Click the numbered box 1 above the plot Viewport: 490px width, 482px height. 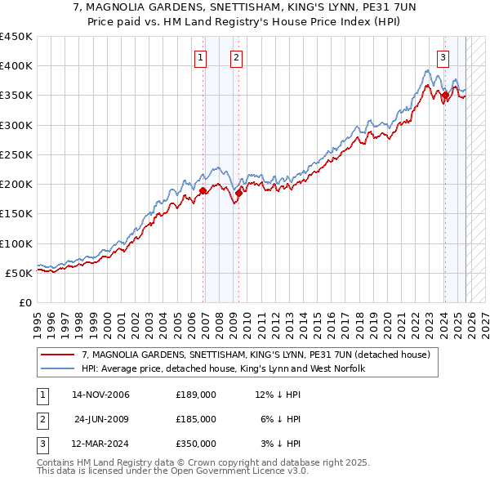pos(201,57)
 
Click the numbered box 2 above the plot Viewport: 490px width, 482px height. pos(236,57)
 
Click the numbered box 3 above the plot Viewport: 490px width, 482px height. pos(443,57)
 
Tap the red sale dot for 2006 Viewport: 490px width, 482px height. pos(203,190)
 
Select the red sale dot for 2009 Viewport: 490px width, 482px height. pos(239,193)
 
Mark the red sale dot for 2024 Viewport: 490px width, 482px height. pos(445,95)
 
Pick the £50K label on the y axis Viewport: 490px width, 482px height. pos(20,273)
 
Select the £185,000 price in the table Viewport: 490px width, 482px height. pos(196,419)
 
